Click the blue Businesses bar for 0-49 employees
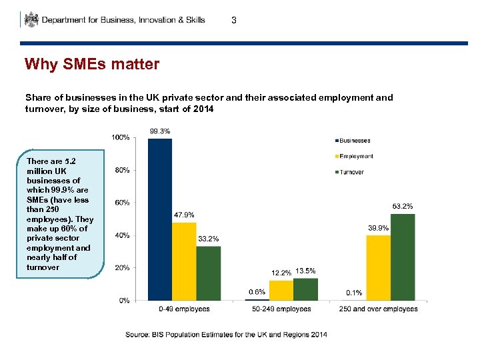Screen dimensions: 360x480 point(160,219)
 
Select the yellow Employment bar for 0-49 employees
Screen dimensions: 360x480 point(184,261)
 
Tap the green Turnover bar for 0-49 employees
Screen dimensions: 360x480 point(208,273)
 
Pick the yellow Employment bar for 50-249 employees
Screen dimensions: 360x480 point(281,291)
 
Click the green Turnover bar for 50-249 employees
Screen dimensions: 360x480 point(305,289)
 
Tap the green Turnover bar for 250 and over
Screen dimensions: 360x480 point(402,257)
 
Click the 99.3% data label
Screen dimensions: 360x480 point(159,131)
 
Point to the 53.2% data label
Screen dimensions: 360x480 point(402,207)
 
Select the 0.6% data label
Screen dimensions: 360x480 point(257,292)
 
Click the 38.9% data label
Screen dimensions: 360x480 point(378,228)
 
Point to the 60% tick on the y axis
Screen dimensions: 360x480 point(122,203)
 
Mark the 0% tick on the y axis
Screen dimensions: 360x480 point(124,301)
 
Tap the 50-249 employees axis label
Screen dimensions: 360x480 point(281,309)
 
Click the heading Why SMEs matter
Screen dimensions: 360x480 point(92,65)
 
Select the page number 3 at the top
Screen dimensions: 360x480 point(233,21)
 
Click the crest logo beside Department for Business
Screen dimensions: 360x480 point(31,19)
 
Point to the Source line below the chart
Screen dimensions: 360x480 point(226,334)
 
